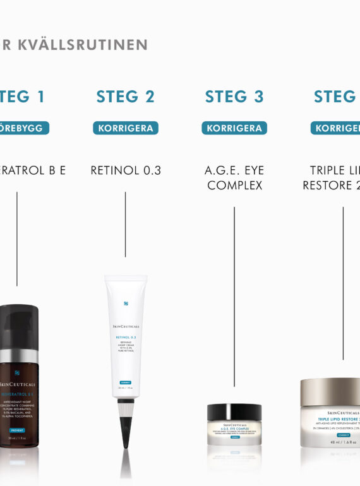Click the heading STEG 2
[126, 97]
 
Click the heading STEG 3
[234, 97]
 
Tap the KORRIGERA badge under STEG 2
[126, 128]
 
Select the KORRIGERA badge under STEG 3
[234, 128]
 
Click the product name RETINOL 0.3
[126, 170]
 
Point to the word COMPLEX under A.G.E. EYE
[234, 186]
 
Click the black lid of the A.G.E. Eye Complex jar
[234, 412]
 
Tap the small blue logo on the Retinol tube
[126, 304]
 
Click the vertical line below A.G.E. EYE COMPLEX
[234, 297]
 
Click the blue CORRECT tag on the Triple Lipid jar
[343, 434]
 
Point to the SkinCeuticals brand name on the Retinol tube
[126, 326]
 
